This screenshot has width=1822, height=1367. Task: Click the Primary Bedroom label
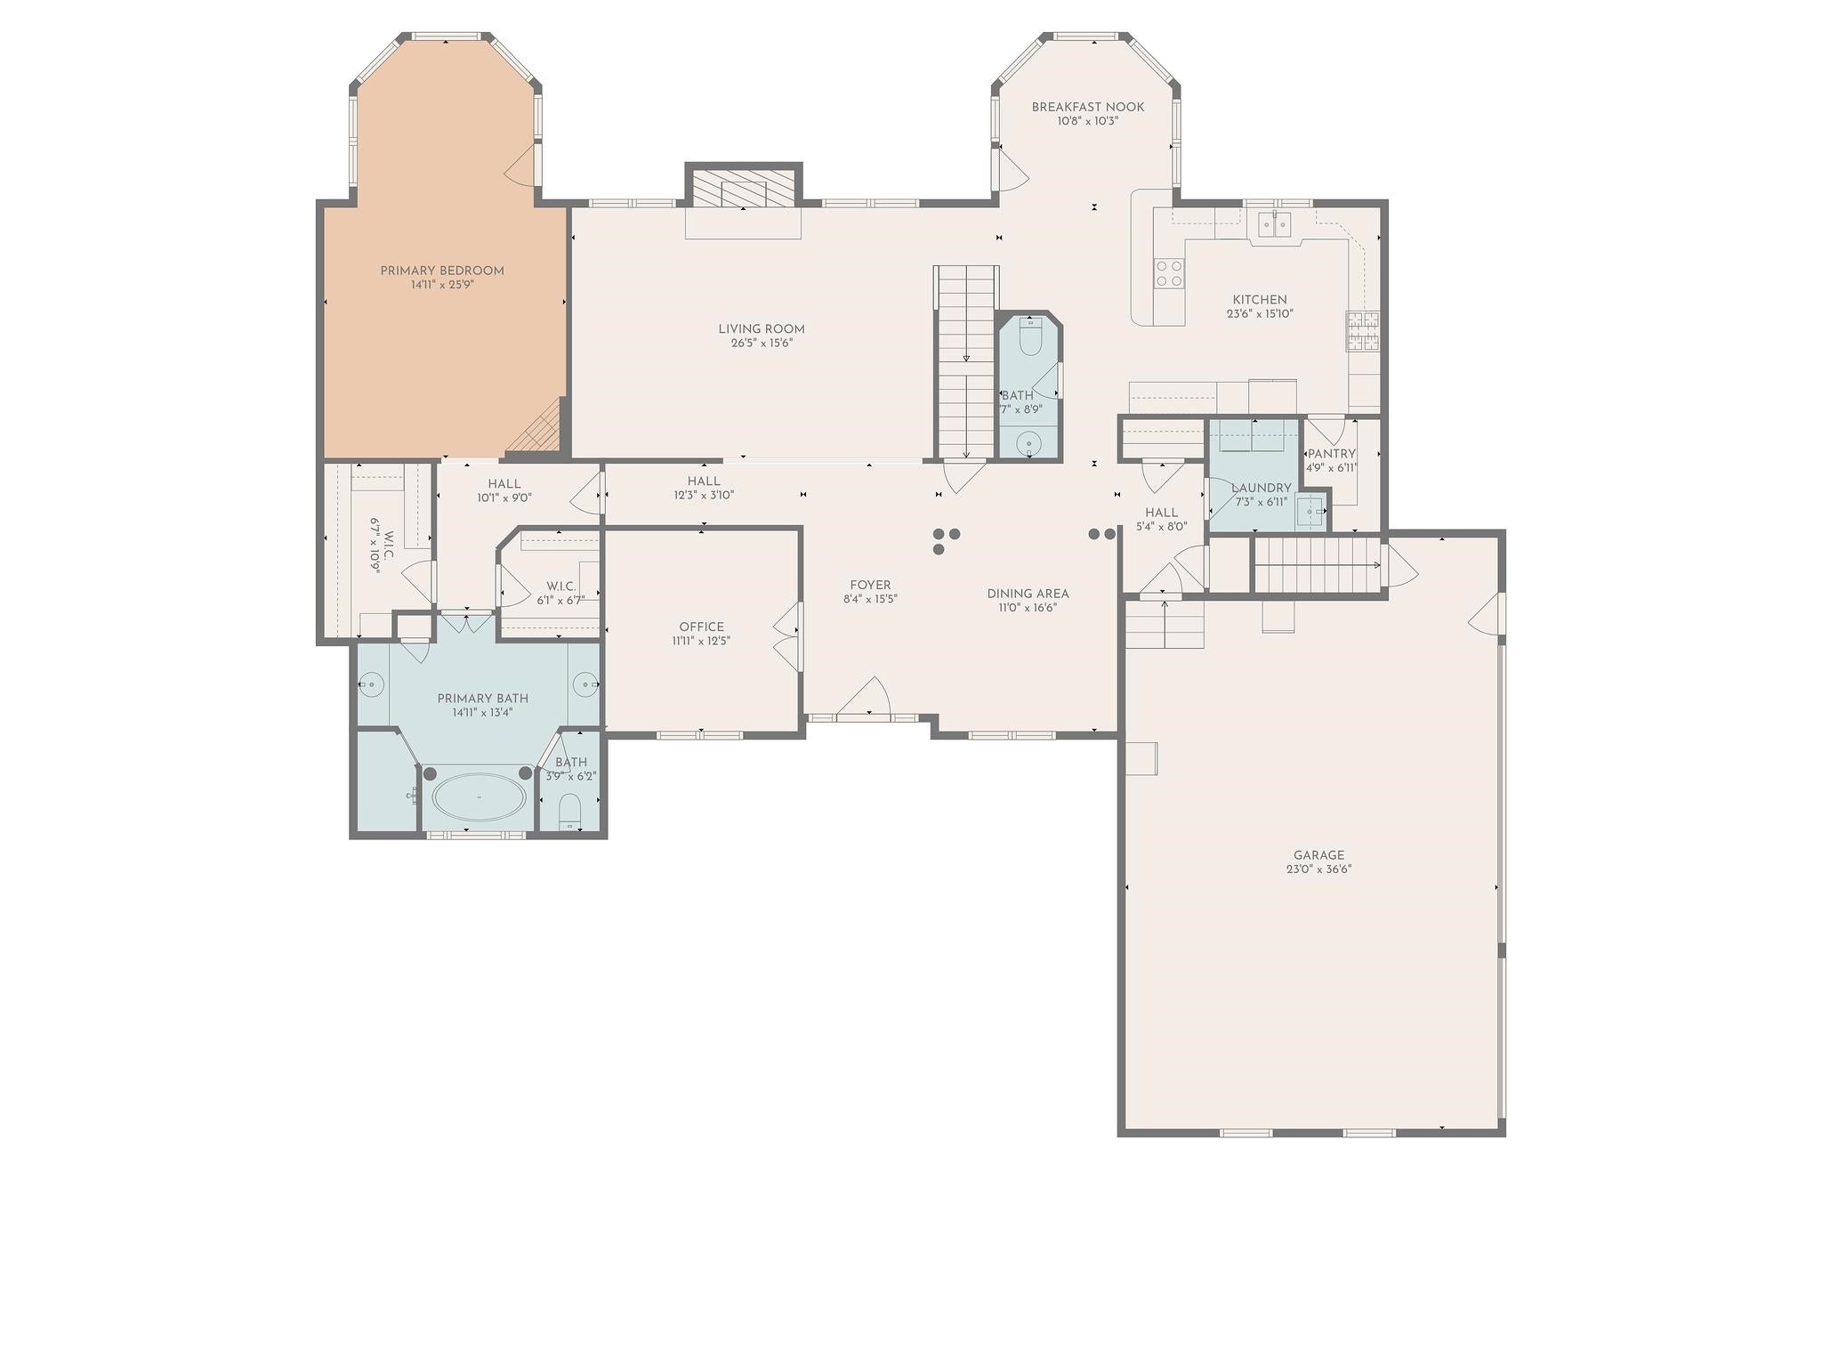point(442,271)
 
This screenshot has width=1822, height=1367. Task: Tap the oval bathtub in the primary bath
point(479,797)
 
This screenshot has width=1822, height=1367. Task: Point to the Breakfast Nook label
point(1087,107)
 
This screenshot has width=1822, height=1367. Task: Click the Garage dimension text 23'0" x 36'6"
point(1318,870)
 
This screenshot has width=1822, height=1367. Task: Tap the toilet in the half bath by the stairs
point(1030,337)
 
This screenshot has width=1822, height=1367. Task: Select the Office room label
point(701,627)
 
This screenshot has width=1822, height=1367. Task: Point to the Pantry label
point(1331,454)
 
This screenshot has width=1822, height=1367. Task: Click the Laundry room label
point(1261,488)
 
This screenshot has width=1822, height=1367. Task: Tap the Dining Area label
point(1028,594)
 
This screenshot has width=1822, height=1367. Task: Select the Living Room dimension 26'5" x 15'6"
point(762,343)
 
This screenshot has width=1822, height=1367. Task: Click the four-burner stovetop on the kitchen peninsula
point(1169,273)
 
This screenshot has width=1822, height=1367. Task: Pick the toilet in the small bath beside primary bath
point(570,811)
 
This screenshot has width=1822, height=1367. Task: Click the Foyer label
point(869,585)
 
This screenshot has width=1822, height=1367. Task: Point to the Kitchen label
point(1259,300)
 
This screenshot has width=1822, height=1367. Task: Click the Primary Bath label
point(482,699)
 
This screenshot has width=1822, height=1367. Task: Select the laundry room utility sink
point(1309,511)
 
